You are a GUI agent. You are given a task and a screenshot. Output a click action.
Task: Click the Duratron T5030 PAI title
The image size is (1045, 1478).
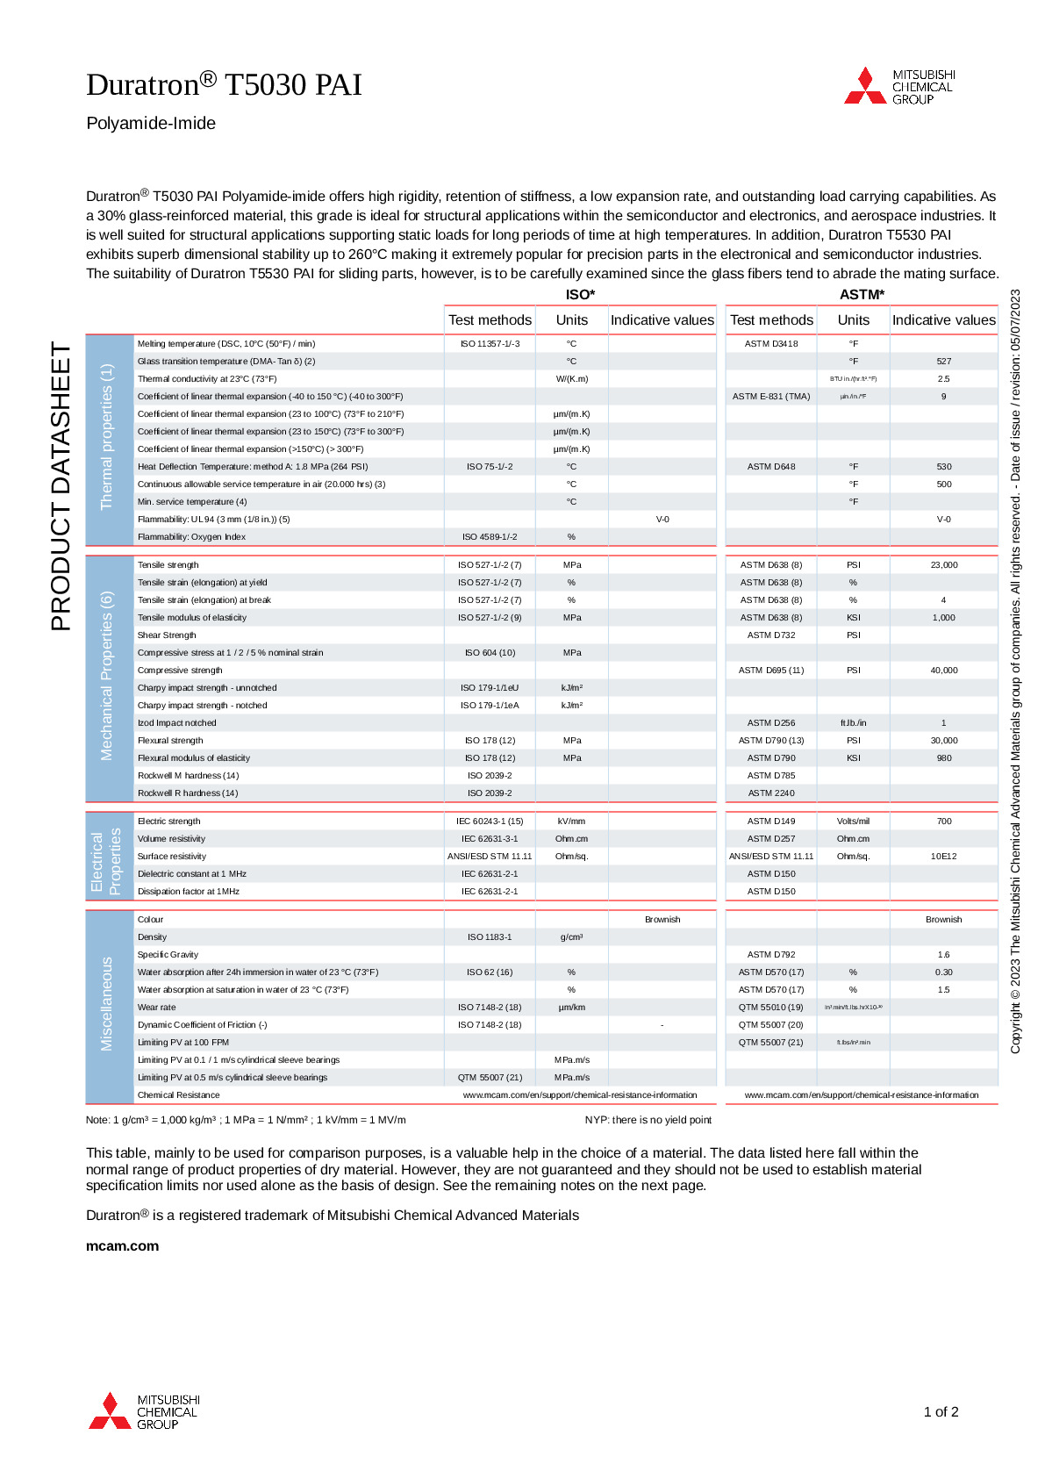224,84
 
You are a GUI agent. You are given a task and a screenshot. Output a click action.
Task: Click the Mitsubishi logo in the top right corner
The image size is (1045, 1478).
899,87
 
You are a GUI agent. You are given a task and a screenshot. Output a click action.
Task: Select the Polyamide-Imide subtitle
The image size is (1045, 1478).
151,124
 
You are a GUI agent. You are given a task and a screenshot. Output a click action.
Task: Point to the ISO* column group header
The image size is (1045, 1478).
580,295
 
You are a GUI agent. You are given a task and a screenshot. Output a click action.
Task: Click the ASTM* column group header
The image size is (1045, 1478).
862,295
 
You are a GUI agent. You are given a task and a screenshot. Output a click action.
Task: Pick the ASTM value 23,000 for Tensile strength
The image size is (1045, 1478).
943,565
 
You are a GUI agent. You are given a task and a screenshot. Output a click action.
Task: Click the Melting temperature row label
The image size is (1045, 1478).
226,344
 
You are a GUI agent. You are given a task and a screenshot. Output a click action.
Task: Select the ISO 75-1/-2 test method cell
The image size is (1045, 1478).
490,467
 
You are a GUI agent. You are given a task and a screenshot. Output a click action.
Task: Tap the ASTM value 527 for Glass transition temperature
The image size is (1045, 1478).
943,362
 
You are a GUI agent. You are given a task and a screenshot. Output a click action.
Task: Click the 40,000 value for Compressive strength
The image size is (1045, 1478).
943,671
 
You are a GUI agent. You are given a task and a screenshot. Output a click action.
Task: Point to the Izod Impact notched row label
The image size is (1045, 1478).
176,723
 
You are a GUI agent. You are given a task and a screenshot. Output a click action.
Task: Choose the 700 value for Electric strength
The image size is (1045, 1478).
943,822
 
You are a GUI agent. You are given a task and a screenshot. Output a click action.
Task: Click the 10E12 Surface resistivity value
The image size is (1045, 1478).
943,857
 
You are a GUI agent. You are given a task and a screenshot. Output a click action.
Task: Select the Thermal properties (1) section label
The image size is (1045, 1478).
107,437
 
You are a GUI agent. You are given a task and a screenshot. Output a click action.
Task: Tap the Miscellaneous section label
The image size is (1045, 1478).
107,1004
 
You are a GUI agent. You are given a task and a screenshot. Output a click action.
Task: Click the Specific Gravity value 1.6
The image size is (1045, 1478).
943,955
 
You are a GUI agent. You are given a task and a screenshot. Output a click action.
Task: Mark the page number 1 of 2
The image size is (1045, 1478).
941,1412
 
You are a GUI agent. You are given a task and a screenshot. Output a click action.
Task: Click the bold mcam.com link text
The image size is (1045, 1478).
122,1246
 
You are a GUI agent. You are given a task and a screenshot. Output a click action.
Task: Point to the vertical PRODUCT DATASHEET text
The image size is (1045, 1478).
61,486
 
